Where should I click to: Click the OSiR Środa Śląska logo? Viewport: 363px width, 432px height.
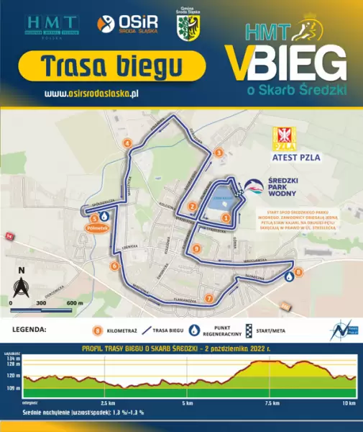tap(127, 24)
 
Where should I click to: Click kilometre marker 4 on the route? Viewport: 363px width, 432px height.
tap(127, 143)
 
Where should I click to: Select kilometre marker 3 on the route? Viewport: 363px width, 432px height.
tap(219, 153)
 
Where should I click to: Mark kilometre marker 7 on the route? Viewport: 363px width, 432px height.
tap(209, 298)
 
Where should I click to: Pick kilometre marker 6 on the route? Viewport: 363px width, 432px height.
tap(114, 266)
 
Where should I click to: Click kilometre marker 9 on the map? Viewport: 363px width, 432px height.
tap(196, 248)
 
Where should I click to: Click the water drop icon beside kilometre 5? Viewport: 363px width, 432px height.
tap(104, 216)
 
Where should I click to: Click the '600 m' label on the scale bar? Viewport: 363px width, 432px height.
tap(75, 304)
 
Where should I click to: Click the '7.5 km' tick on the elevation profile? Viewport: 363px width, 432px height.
tap(272, 402)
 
